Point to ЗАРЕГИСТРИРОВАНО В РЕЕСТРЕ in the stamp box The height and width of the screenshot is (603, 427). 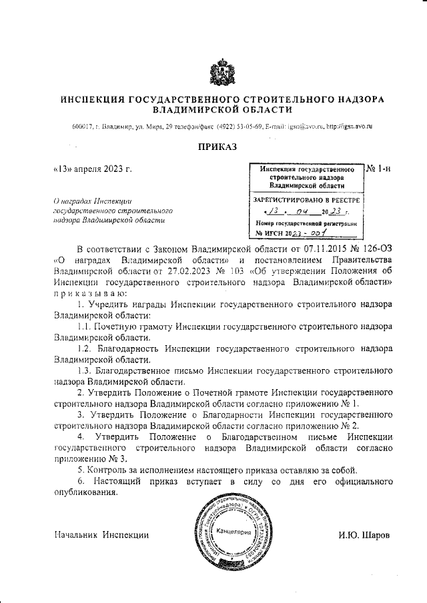(x=306, y=199)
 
